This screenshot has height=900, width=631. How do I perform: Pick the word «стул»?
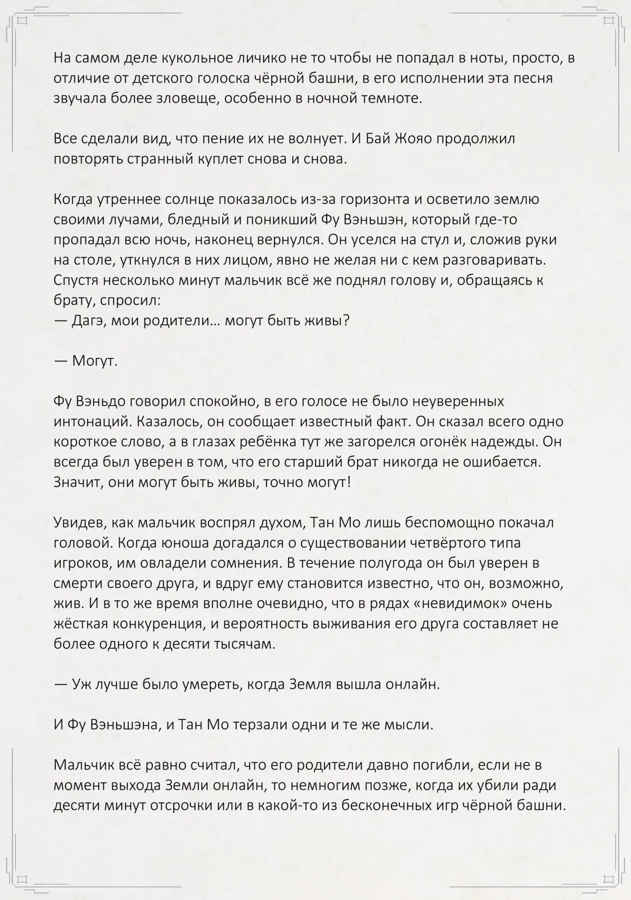coord(439,239)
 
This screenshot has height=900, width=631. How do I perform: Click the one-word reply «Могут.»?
coord(94,361)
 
